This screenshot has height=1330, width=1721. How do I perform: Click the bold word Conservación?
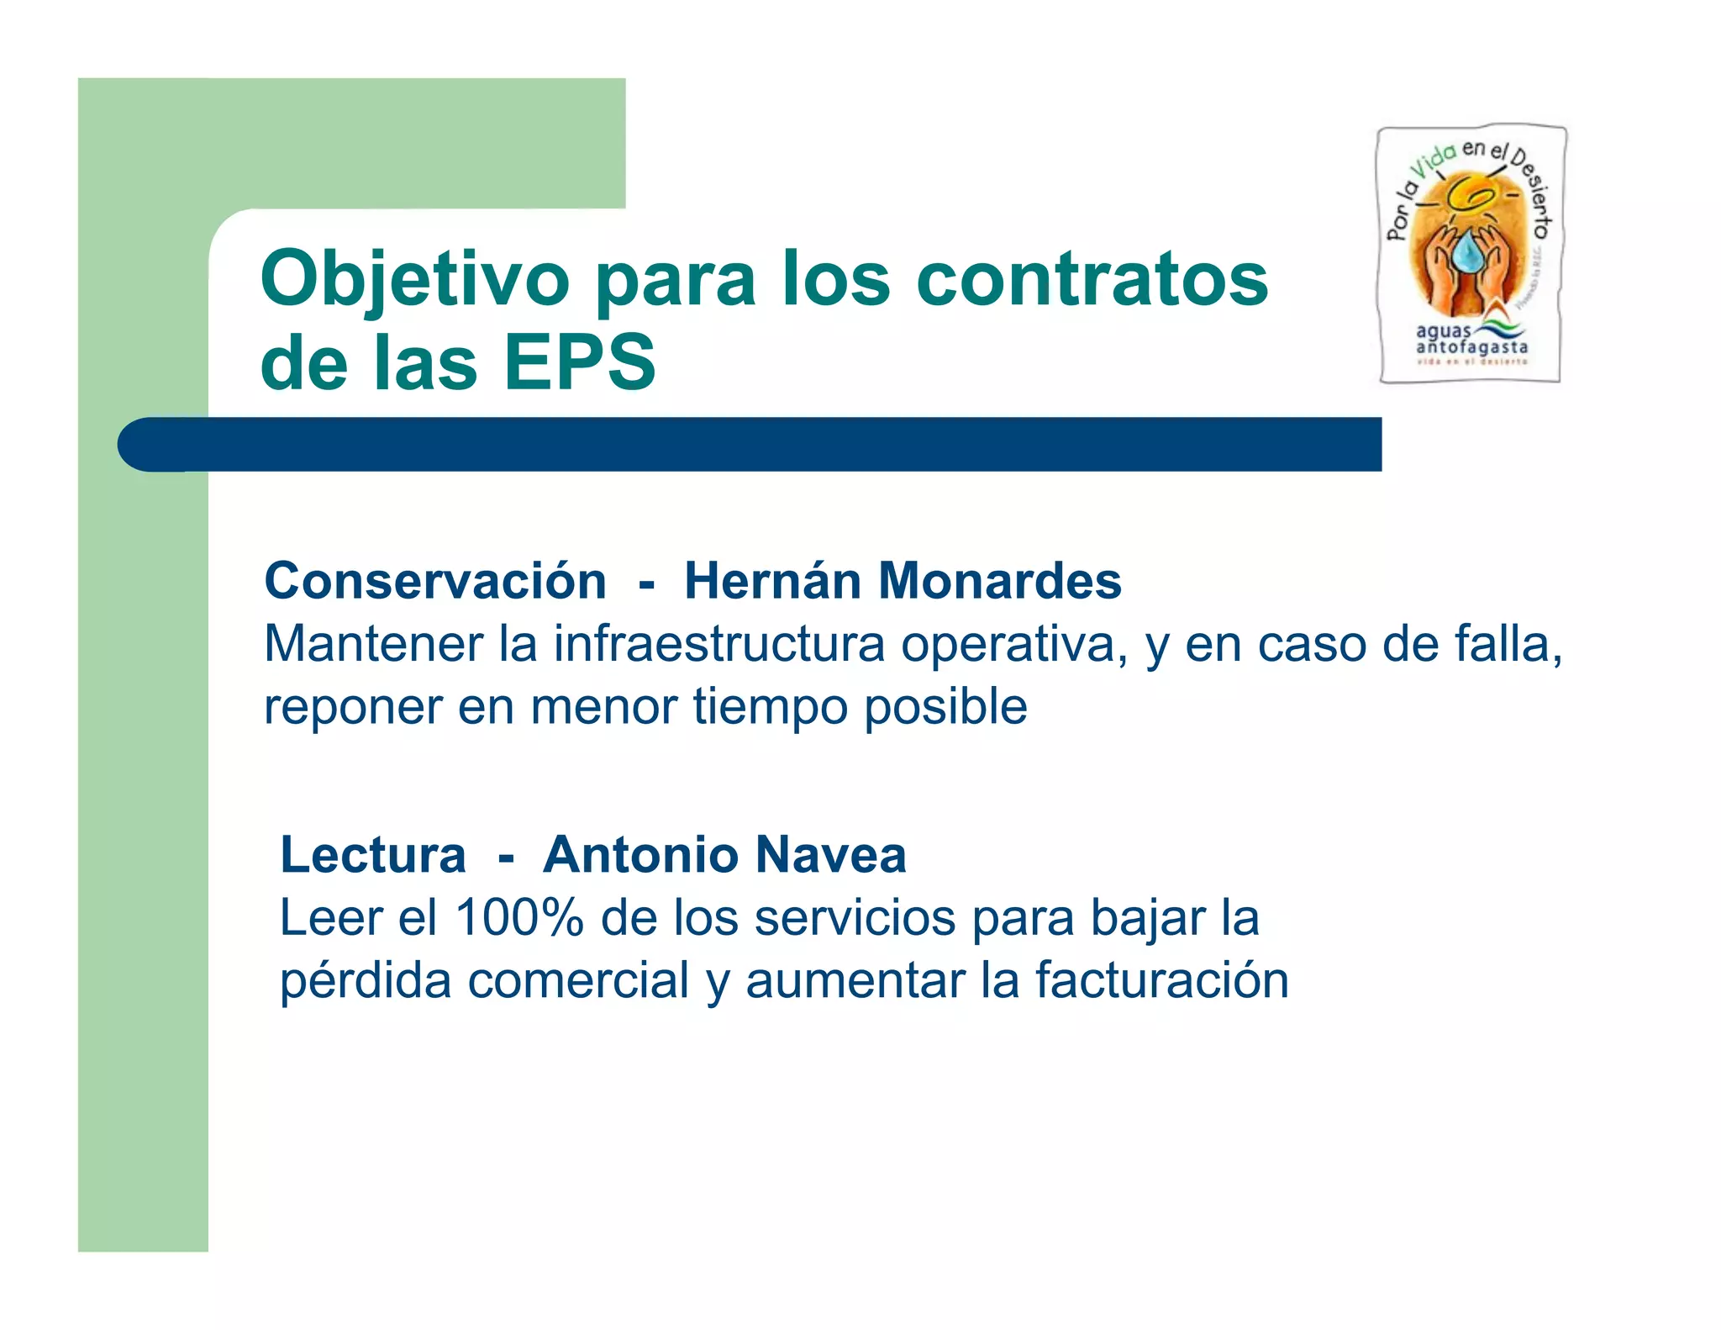point(434,581)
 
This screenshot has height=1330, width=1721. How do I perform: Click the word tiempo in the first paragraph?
point(770,707)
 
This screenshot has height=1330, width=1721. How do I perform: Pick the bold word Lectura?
point(372,855)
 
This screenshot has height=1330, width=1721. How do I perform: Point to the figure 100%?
point(518,918)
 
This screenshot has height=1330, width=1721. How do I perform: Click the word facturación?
point(1161,981)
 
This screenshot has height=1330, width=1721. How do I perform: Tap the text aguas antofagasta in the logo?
point(1471,340)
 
